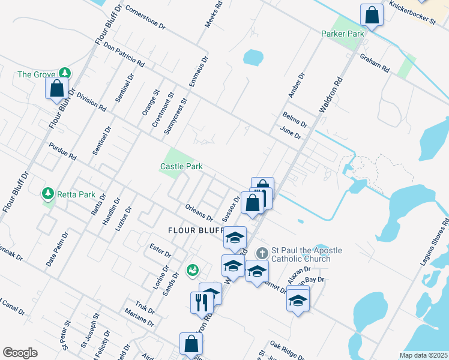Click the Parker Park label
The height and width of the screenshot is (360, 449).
click(x=343, y=34)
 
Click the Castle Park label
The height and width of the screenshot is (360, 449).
click(x=181, y=166)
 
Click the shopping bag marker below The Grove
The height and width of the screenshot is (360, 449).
click(x=56, y=89)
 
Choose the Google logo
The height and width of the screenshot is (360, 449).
click(x=20, y=352)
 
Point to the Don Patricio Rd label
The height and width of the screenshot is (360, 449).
click(x=124, y=53)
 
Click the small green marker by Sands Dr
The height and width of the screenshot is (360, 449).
click(x=193, y=271)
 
